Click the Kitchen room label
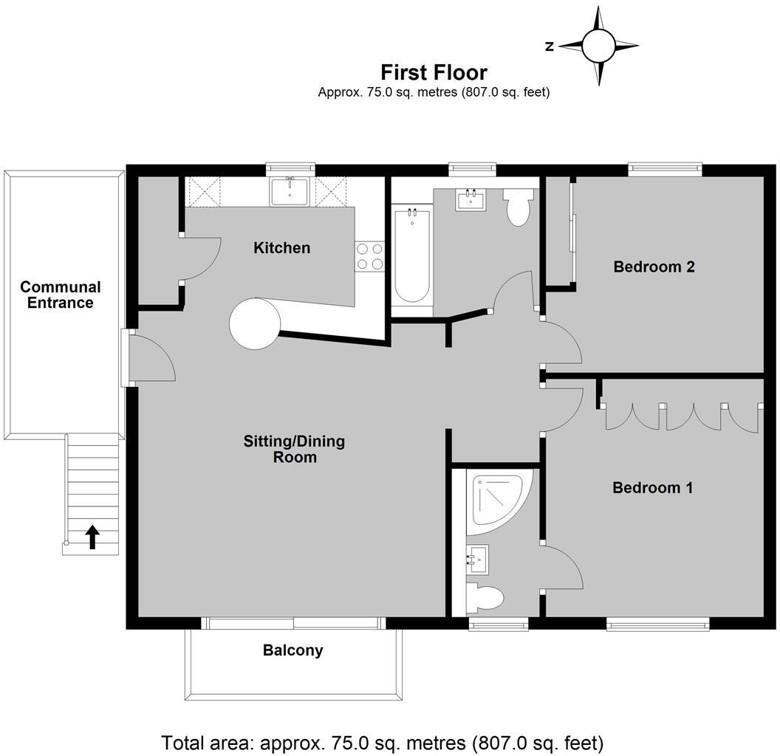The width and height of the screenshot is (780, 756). coord(281,248)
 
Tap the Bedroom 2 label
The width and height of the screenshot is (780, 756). coord(654,267)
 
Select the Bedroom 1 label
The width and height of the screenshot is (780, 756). coord(652,488)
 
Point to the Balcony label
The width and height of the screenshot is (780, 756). coord(293,650)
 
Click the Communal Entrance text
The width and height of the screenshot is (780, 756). coord(61,295)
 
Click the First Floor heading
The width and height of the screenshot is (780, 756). coord(434,72)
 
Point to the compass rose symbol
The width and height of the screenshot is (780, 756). coord(598,46)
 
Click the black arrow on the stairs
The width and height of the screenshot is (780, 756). coord(92,536)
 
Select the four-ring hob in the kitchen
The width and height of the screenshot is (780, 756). coord(369,255)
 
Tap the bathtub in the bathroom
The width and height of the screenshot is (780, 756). coord(411,255)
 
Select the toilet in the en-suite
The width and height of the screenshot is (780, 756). coord(485,597)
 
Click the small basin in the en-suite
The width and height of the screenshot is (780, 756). coord(478,560)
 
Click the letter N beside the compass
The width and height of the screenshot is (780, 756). coord(549,47)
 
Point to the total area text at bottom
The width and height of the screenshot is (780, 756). coord(383,741)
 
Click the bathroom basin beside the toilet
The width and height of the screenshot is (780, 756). coord(471,199)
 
